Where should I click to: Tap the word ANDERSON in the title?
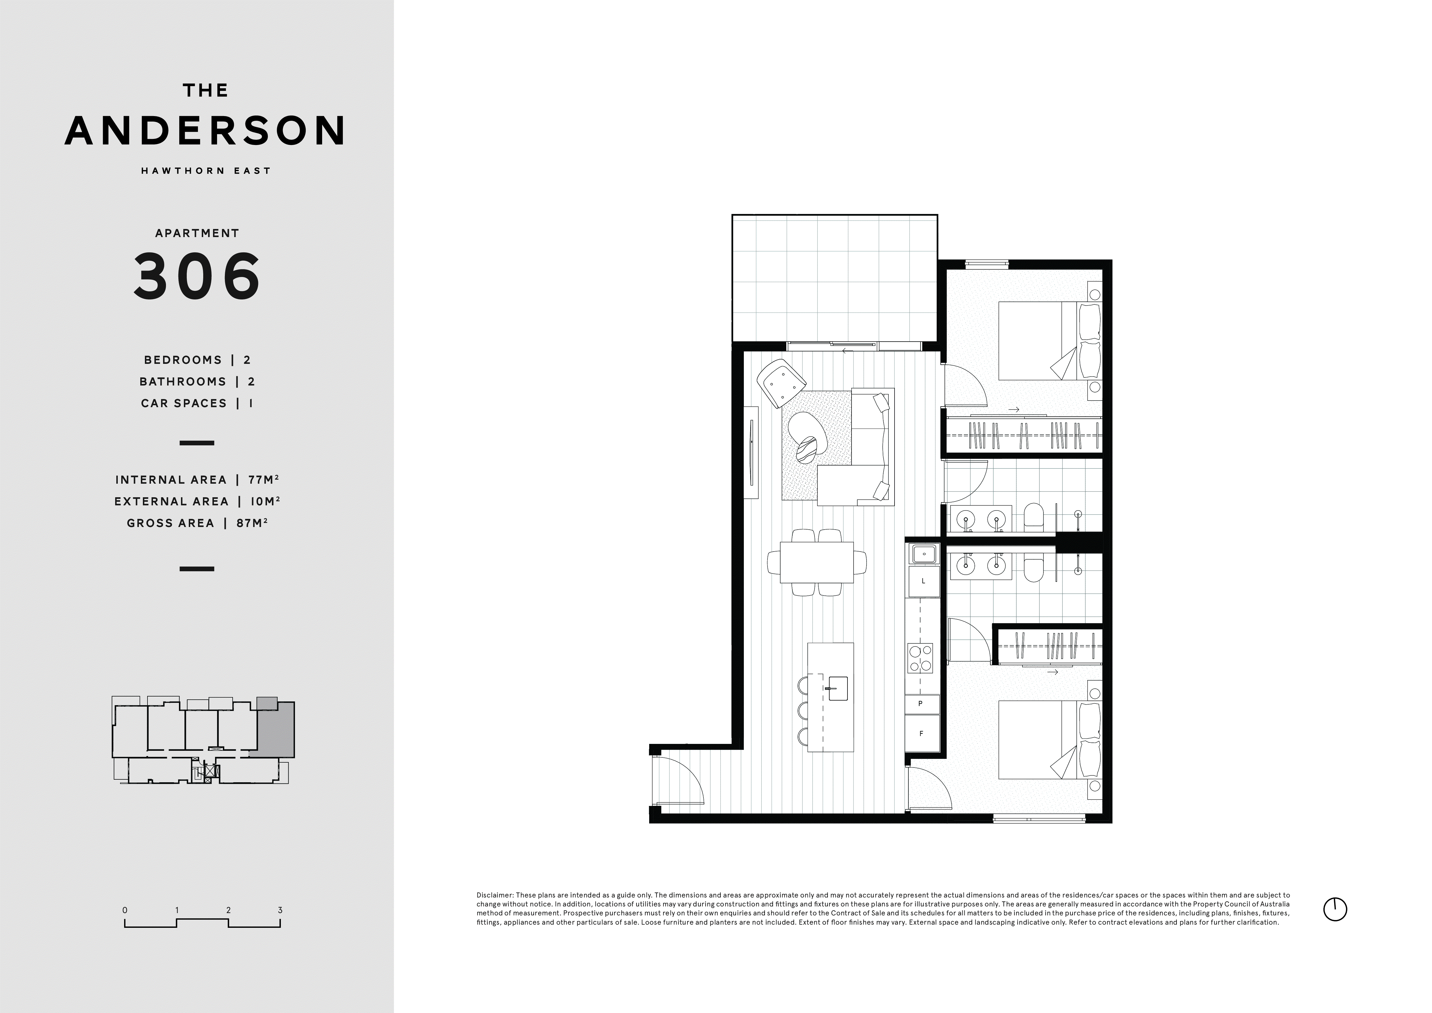pyautogui.click(x=205, y=130)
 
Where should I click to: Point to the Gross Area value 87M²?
pyautogui.click(x=252, y=523)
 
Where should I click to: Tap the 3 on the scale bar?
pyautogui.click(x=280, y=910)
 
